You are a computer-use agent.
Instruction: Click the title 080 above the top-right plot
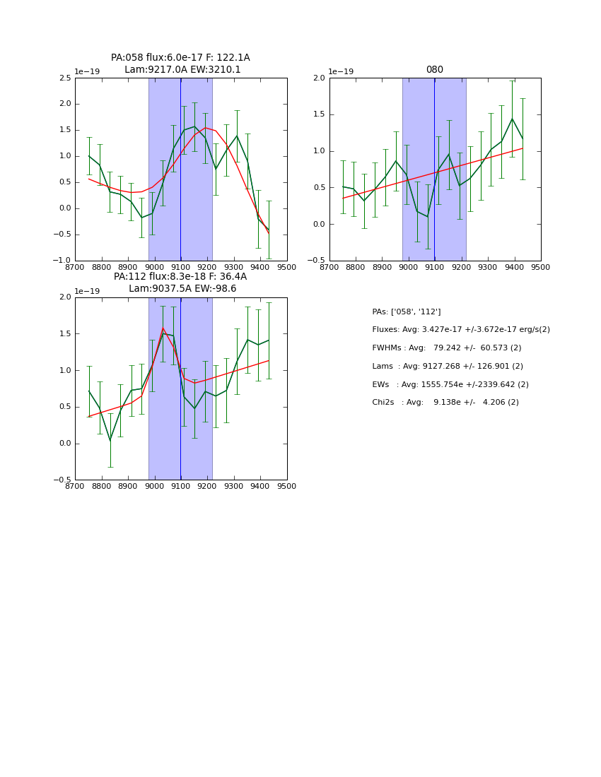pos(434,70)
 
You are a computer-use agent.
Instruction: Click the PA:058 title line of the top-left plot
pos(180,58)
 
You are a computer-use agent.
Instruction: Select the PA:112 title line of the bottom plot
pos(180,277)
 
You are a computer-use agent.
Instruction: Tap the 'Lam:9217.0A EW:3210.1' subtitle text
pos(182,70)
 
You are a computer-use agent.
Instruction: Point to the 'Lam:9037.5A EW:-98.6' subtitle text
pos(182,289)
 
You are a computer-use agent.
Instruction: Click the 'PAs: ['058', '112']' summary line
pos(406,312)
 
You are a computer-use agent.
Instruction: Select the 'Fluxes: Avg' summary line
pos(460,330)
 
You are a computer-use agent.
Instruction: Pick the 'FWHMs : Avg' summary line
pos(446,348)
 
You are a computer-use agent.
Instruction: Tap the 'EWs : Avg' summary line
pos(450,385)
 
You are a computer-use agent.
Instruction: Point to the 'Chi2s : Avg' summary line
pos(445,403)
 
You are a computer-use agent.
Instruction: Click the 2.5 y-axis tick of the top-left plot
pos(64,78)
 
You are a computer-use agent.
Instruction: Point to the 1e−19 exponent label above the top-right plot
pos(340,72)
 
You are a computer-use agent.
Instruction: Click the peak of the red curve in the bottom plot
pos(163,328)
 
